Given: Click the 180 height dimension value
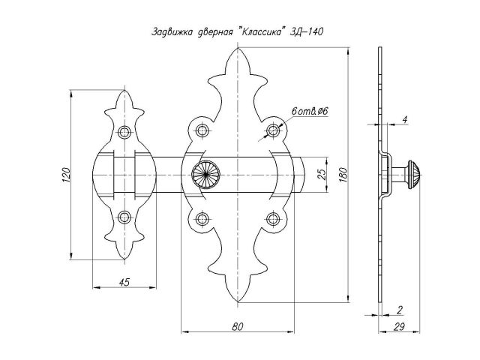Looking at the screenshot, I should click(x=342, y=173).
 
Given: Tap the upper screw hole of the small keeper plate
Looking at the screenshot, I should click(x=124, y=133).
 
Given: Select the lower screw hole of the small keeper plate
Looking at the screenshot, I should click(x=124, y=218).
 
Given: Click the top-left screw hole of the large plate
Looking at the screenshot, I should click(x=202, y=132).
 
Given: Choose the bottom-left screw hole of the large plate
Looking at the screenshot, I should click(x=202, y=218).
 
